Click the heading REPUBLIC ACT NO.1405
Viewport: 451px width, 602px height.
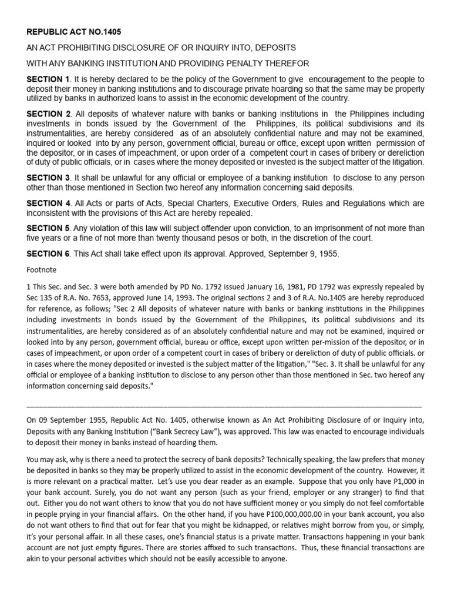[x=73, y=32]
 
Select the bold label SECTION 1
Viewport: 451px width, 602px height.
[x=48, y=79]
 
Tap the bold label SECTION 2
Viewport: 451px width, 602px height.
[x=48, y=113]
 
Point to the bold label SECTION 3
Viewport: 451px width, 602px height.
[x=48, y=178]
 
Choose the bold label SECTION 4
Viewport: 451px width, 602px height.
[x=48, y=203]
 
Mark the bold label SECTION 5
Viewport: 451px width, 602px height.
[x=48, y=229]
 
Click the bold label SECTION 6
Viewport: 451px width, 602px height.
[x=48, y=253]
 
